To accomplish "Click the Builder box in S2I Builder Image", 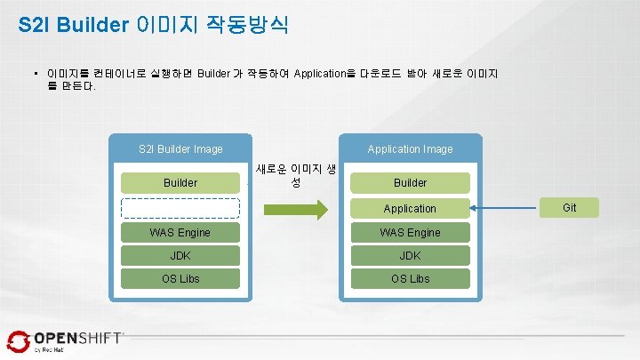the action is (180, 183).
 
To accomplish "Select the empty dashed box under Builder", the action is (180, 208).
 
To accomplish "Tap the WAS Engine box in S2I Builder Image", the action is (180, 233).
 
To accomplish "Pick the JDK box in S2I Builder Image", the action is (180, 256).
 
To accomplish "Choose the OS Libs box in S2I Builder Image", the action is (180, 279).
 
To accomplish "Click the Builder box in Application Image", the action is (410, 183).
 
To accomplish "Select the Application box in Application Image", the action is (410, 208).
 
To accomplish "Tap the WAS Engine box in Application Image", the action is (410, 233).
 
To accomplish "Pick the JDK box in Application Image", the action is (410, 256).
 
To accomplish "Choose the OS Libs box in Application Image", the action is (410, 279).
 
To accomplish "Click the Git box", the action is (570, 208).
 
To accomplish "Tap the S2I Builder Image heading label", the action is (180, 149).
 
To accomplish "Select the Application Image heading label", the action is (410, 149).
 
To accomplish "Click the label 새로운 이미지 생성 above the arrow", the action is (295, 175).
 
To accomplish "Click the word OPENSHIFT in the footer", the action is (77, 338).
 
